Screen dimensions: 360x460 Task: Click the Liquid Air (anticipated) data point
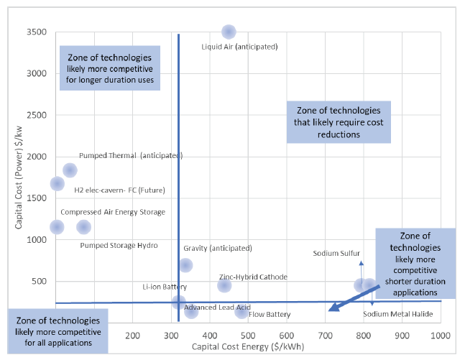tap(229, 32)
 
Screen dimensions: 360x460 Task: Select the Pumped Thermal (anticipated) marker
tap(70, 170)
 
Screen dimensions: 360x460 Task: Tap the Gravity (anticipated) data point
tap(185, 265)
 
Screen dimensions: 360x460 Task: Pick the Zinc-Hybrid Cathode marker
tap(224, 285)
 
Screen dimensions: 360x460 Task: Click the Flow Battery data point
tap(241, 311)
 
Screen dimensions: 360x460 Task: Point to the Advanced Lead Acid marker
tap(191, 311)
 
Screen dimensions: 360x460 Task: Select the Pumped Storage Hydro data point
tap(83, 227)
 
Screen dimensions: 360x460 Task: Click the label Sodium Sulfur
tap(336, 253)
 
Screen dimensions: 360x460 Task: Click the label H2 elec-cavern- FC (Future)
tap(119, 190)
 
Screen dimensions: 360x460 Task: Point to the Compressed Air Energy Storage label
tap(113, 212)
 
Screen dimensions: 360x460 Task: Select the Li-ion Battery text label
tap(165, 287)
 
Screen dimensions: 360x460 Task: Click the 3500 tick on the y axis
tap(37, 32)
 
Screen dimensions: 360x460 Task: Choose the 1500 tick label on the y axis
tap(37, 198)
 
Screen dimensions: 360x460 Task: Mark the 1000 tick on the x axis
tap(439, 336)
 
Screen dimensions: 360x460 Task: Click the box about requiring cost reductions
tap(338, 121)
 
